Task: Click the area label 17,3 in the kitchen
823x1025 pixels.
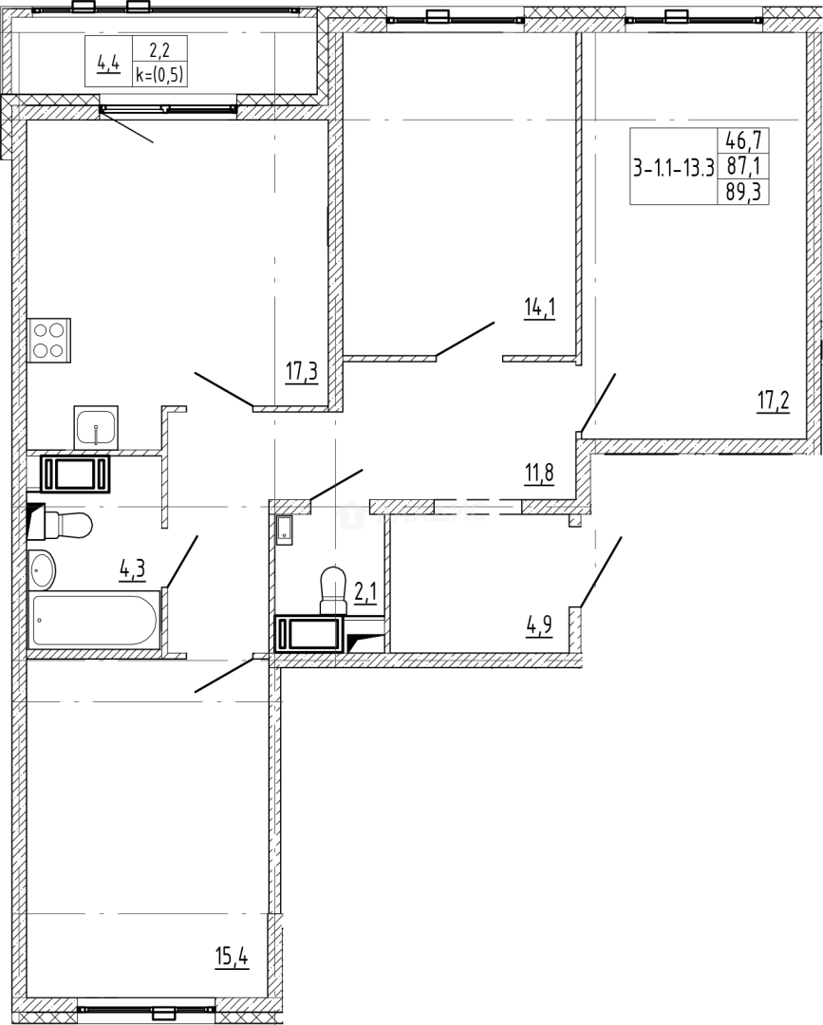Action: click(x=301, y=370)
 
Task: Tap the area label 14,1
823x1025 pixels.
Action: click(x=538, y=307)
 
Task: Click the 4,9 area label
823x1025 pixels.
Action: click(x=539, y=624)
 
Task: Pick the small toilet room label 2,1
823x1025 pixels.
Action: click(x=365, y=593)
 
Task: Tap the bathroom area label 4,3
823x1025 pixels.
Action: click(x=131, y=569)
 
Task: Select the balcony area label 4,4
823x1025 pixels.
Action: click(x=107, y=64)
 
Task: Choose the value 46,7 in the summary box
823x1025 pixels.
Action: click(x=746, y=141)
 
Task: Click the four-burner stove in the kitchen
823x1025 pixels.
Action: click(x=49, y=339)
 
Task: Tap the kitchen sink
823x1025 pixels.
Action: click(x=96, y=426)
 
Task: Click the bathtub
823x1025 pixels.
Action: click(x=92, y=620)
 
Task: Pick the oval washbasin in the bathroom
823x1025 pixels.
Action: click(x=43, y=568)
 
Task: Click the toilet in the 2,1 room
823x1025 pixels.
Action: click(x=332, y=590)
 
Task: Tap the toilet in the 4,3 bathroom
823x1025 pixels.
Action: click(x=65, y=523)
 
